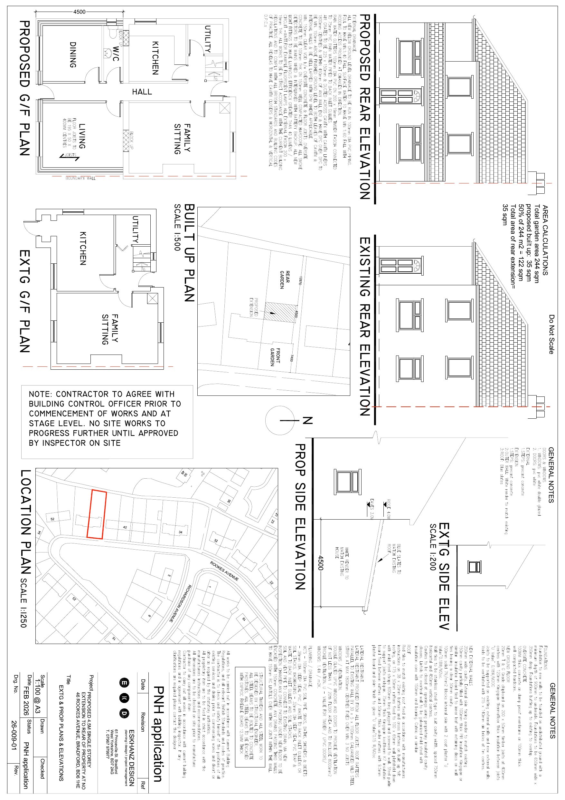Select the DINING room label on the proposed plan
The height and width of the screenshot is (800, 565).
(72, 55)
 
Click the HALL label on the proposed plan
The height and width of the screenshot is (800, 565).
(142, 92)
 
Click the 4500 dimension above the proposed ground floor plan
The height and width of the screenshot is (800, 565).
(80, 12)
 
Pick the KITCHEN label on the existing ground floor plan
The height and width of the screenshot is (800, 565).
(83, 248)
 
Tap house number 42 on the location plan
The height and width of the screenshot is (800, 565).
(125, 528)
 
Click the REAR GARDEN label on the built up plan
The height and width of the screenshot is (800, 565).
(285, 280)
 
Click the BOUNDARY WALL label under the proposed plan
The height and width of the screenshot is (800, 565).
(80, 178)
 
